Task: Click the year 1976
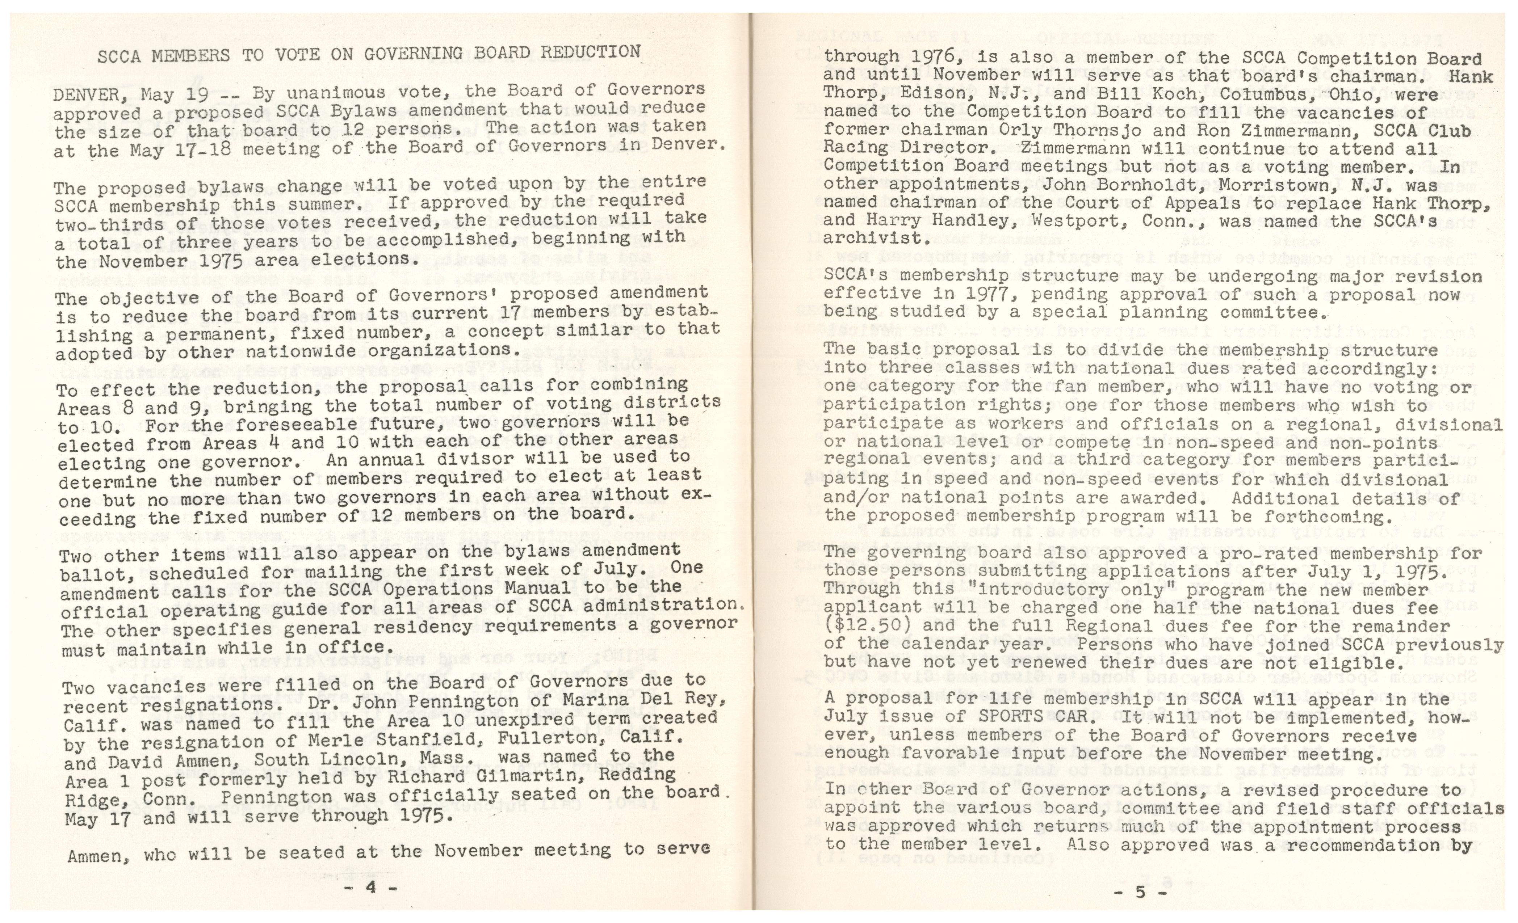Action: [x=921, y=57]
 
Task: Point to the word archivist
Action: [x=873, y=238]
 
